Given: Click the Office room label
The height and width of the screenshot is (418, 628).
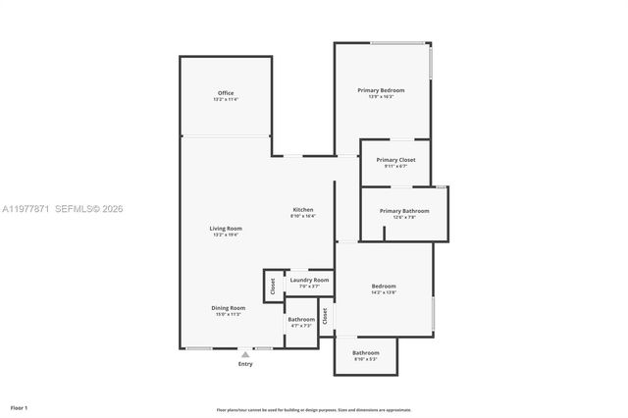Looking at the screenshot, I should (x=226, y=93).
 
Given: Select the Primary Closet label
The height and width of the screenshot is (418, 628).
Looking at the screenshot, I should (x=395, y=159).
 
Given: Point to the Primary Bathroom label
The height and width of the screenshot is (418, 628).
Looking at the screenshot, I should (x=404, y=211).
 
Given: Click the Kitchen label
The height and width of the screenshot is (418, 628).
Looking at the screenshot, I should (x=302, y=211).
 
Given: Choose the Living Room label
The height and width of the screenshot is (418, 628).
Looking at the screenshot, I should (x=226, y=229).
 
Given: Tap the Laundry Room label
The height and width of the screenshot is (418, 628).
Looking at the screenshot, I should (x=309, y=281).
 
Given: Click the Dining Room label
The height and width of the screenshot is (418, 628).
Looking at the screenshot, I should (x=228, y=308).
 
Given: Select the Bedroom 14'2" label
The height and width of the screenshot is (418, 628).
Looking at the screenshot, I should (x=384, y=287).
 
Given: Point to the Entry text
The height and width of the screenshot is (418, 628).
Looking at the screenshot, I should (x=245, y=364).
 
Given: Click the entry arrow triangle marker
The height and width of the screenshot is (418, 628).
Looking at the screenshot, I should (x=245, y=355).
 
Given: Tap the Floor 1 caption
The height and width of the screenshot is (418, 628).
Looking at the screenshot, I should (x=19, y=406).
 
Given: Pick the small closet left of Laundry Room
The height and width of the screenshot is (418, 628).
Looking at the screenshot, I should (x=273, y=286).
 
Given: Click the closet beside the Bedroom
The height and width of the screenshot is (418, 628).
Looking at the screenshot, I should (x=326, y=315).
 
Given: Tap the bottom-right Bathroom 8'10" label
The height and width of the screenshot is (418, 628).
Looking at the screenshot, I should (x=366, y=352).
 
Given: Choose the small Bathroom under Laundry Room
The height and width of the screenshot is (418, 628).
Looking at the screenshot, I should (x=301, y=319).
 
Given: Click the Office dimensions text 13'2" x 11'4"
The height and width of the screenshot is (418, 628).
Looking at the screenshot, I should (x=226, y=99).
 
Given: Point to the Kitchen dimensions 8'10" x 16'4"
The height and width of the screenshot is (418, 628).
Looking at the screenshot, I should (x=302, y=217).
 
